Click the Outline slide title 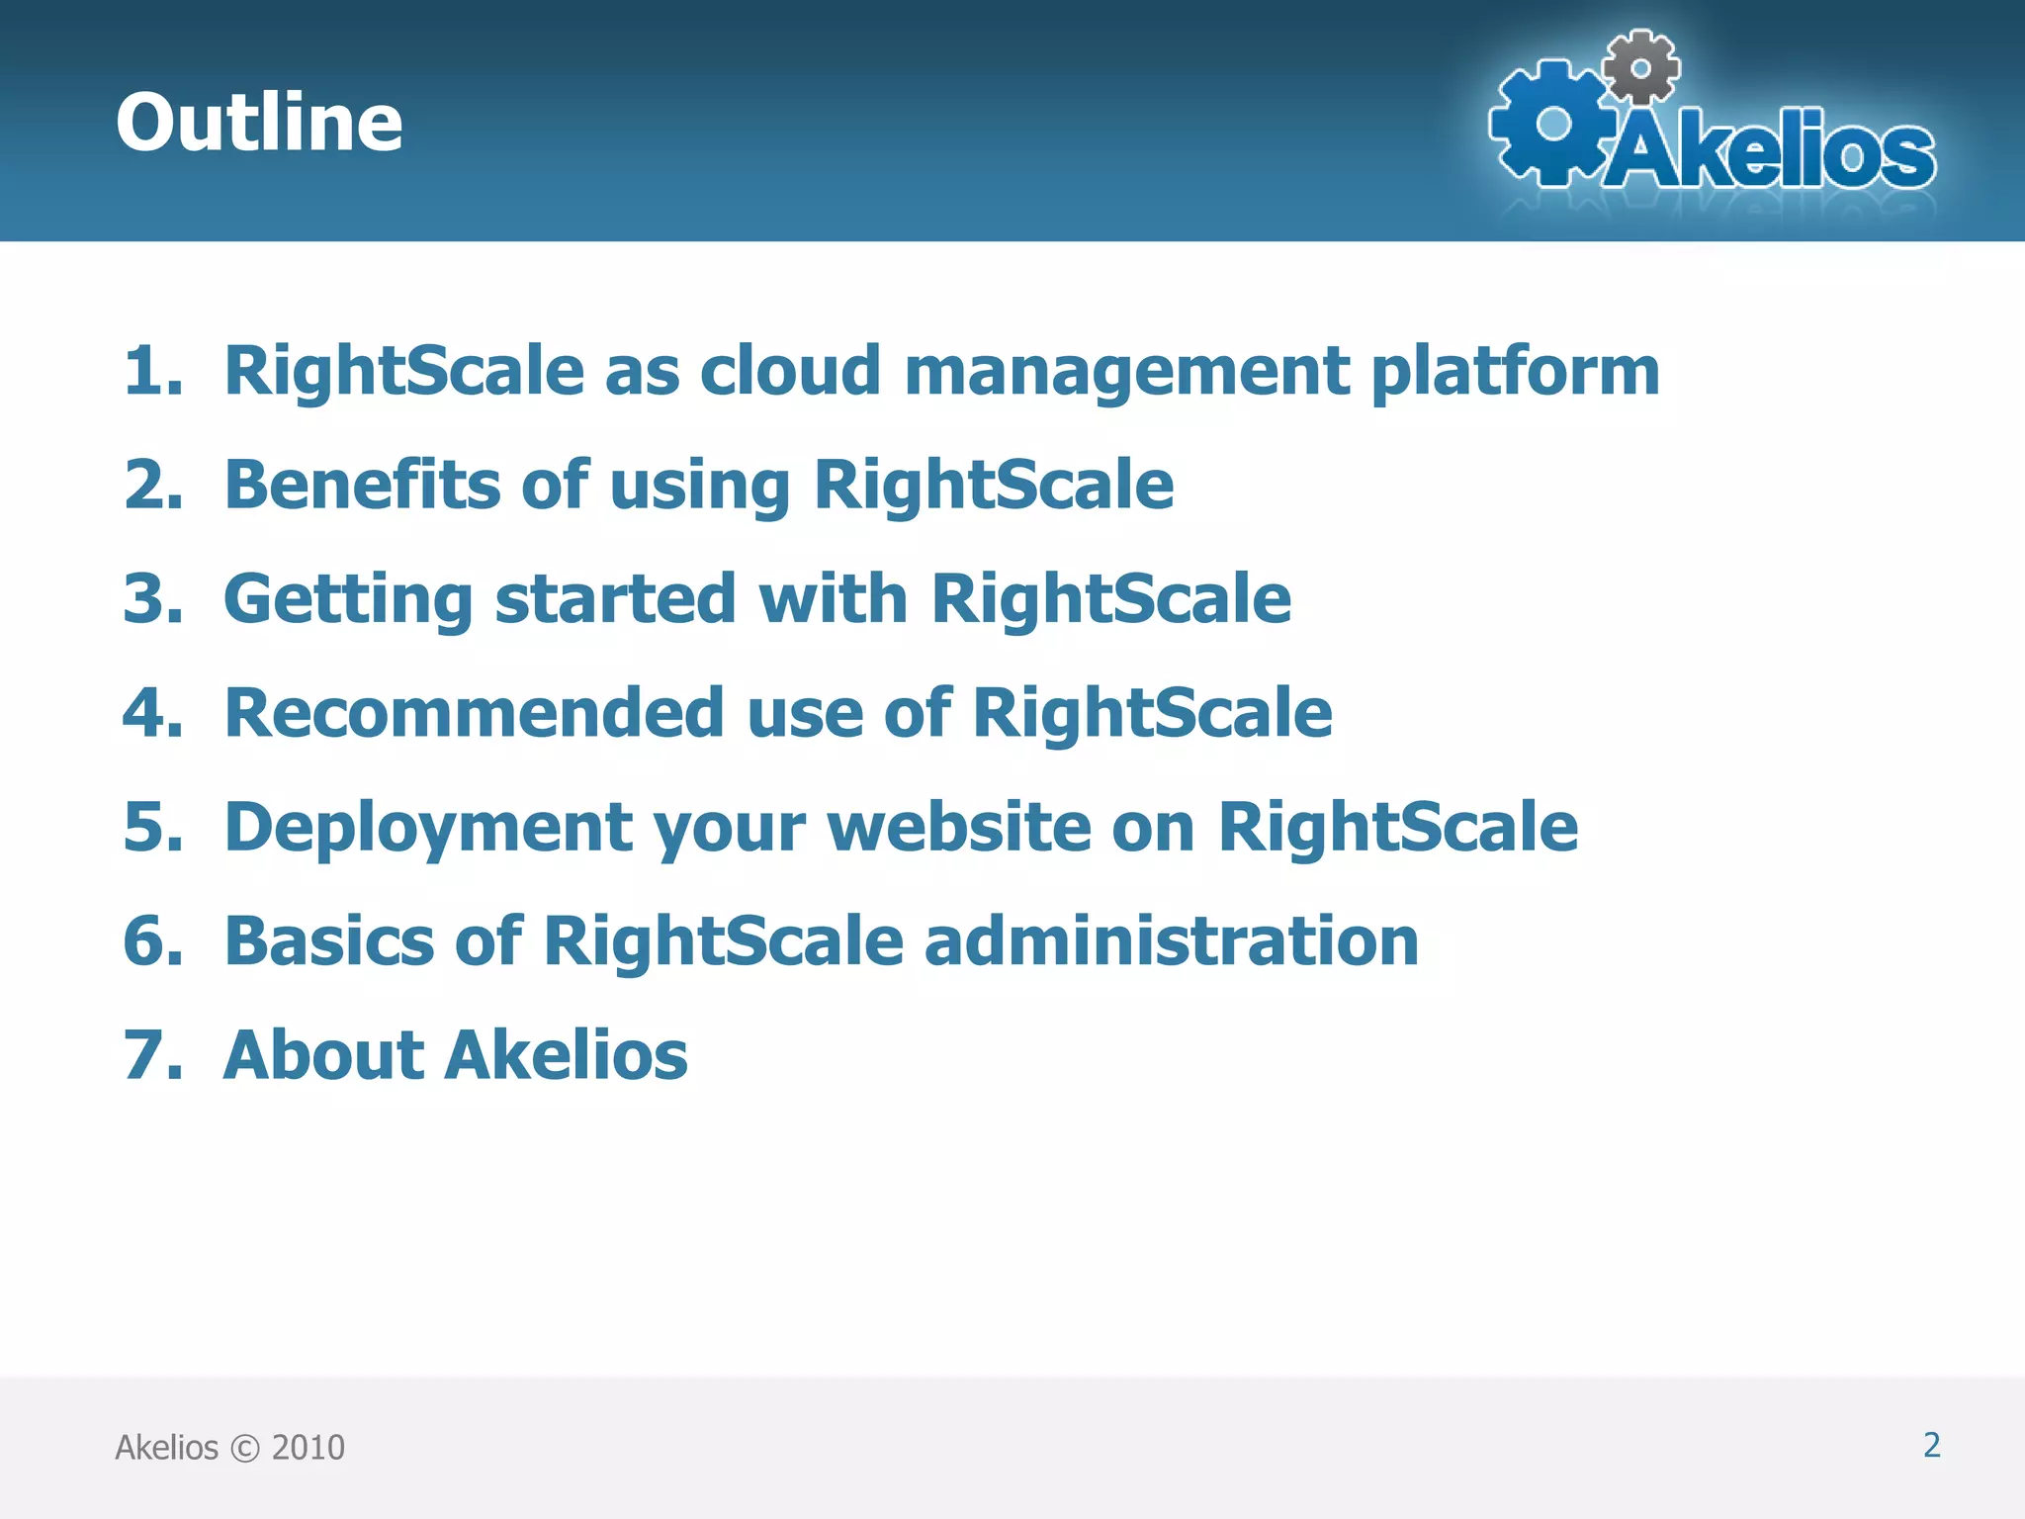tap(259, 122)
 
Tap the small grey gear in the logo tap(1640, 67)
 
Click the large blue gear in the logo tap(1553, 124)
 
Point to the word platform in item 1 tap(1515, 373)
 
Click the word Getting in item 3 tap(348, 601)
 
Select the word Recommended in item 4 tap(475, 713)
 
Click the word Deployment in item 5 tap(427, 829)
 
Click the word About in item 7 tap(323, 1055)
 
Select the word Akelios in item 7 tap(566, 1055)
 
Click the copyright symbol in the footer tap(244, 1448)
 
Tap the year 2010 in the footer tap(308, 1448)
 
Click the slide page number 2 tap(1931, 1445)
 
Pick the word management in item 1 tap(1126, 373)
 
